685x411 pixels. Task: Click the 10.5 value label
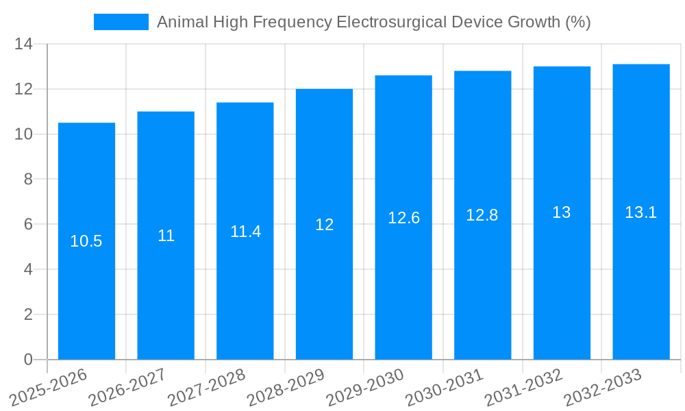pyautogui.click(x=86, y=241)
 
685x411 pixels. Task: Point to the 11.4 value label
pyautogui.click(x=245, y=232)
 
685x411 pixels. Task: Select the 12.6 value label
pyautogui.click(x=403, y=218)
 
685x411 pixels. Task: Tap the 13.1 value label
pyautogui.click(x=641, y=212)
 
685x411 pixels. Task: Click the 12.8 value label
pyautogui.click(x=482, y=215)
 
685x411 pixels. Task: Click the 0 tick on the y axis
pyautogui.click(x=28, y=360)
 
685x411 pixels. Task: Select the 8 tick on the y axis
pyautogui.click(x=28, y=179)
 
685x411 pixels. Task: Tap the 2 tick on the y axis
pyautogui.click(x=28, y=314)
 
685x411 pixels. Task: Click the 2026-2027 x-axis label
pyautogui.click(x=127, y=387)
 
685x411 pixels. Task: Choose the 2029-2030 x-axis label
pyautogui.click(x=365, y=387)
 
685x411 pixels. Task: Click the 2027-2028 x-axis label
pyautogui.click(x=207, y=387)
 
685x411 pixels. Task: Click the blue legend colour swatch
pyautogui.click(x=121, y=22)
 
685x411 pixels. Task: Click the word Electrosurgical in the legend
pyautogui.click(x=392, y=22)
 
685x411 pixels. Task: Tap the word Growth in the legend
pyautogui.click(x=533, y=22)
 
